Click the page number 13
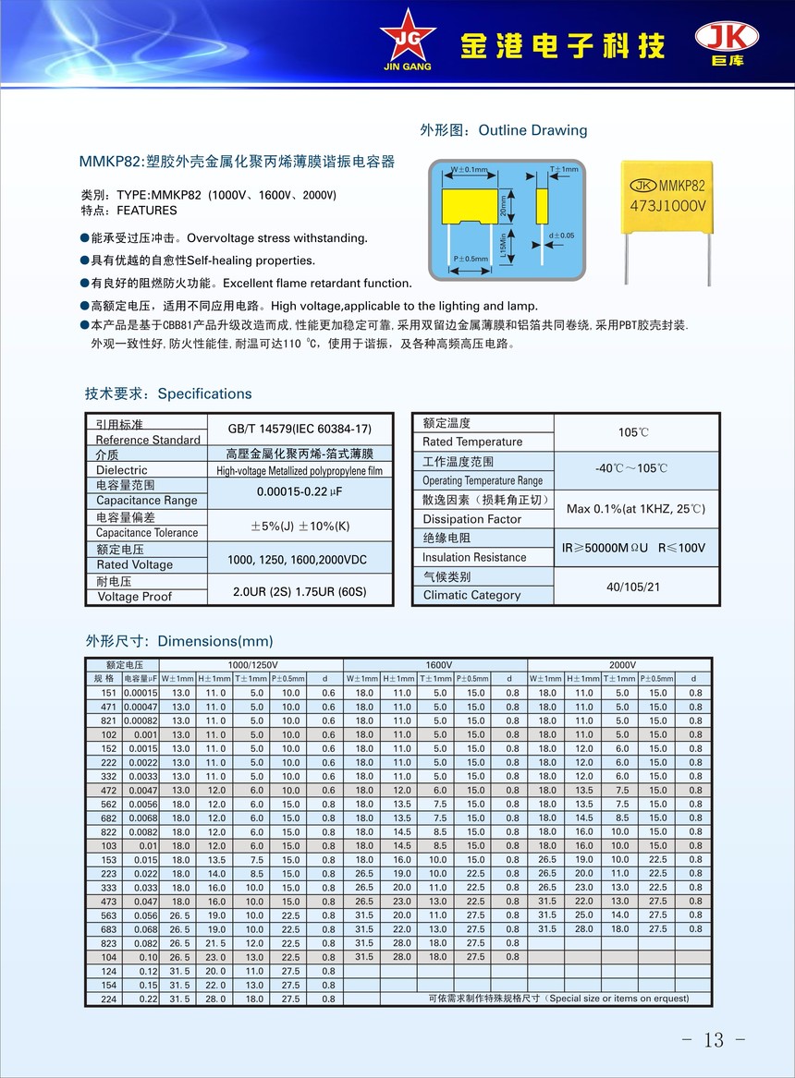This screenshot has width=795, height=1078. pyautogui.click(x=714, y=1039)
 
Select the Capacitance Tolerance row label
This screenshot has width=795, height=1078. pyautogui.click(x=147, y=532)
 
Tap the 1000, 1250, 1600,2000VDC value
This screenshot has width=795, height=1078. pyautogui.click(x=299, y=559)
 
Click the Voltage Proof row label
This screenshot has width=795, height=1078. pyautogui.click(x=135, y=597)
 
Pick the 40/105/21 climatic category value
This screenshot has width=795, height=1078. pyautogui.click(x=634, y=586)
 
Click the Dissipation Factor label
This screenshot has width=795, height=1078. pyautogui.click(x=472, y=519)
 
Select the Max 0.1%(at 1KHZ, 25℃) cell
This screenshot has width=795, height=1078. pyautogui.click(x=635, y=509)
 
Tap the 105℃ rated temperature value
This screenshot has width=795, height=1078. pyautogui.click(x=633, y=432)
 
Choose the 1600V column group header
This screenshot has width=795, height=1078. pyautogui.click(x=438, y=664)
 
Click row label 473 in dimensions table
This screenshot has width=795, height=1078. pyautogui.click(x=108, y=901)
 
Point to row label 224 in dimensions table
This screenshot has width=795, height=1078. pyautogui.click(x=108, y=999)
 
